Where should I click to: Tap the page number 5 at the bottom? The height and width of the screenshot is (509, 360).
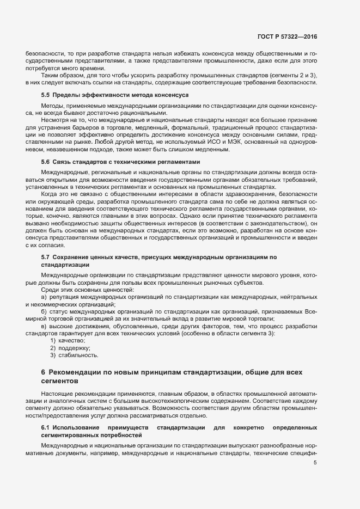point(315,463)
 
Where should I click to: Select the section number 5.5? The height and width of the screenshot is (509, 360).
point(46,95)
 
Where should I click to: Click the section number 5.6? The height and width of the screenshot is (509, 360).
point(46,162)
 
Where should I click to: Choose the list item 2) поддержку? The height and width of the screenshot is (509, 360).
point(70,347)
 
